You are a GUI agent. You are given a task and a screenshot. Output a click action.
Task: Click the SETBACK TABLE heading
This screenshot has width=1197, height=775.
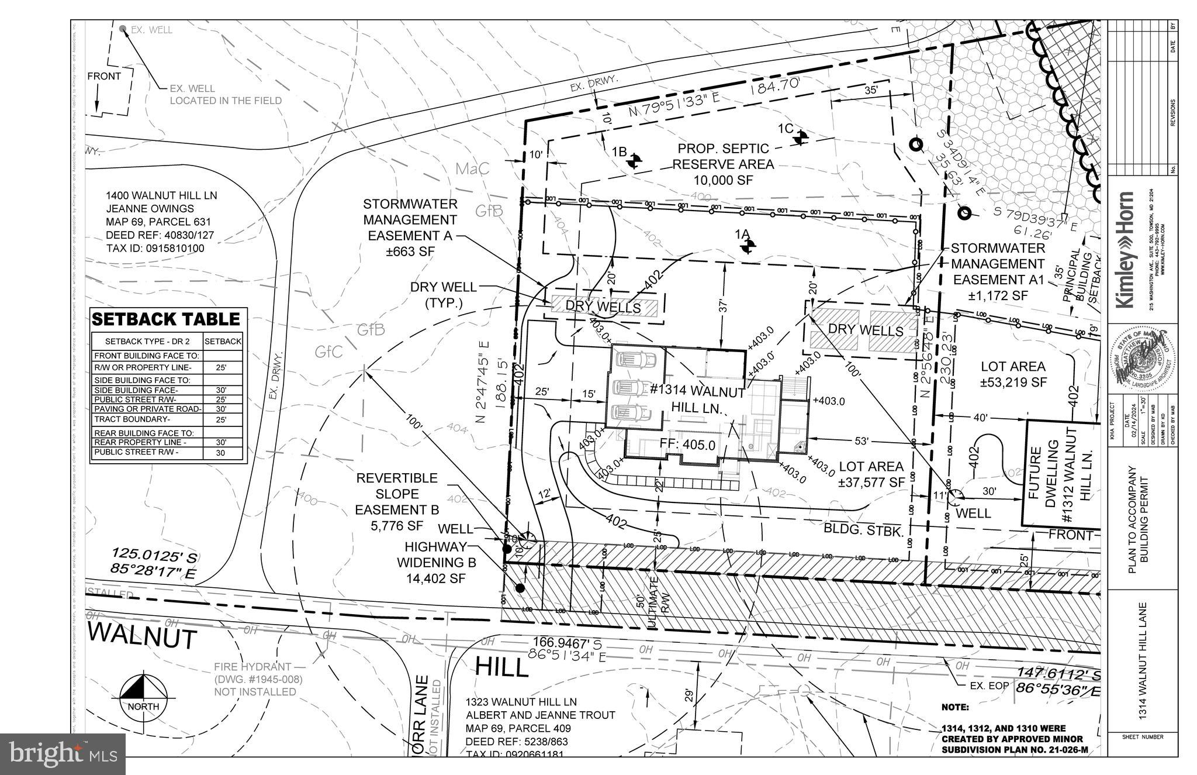(x=166, y=319)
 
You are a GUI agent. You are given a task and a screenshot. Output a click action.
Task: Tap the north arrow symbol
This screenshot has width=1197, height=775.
(x=143, y=695)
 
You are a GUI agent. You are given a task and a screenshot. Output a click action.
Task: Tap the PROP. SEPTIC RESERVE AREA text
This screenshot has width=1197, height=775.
(x=723, y=164)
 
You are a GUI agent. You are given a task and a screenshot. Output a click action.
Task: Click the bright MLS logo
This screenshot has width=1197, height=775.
(x=63, y=753)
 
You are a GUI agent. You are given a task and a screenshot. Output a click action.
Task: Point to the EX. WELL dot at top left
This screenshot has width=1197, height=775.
(x=123, y=28)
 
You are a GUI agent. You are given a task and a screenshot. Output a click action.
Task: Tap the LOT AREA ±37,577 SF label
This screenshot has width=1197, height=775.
(x=871, y=474)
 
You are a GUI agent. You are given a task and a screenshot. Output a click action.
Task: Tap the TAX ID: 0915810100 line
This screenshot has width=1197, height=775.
(x=155, y=249)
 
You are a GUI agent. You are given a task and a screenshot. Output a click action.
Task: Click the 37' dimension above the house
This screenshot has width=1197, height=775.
(x=722, y=306)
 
